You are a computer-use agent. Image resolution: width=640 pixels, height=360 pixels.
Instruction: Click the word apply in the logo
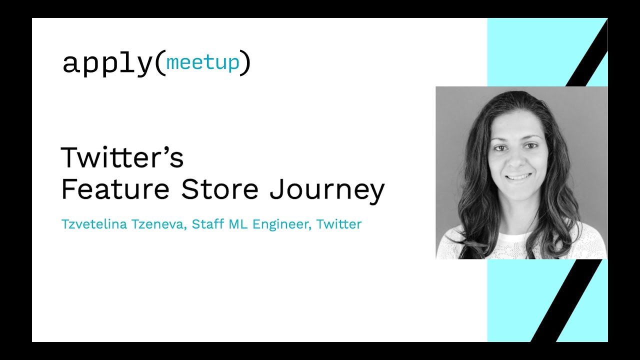(107, 64)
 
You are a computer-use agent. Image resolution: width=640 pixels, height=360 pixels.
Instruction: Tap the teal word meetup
(202, 62)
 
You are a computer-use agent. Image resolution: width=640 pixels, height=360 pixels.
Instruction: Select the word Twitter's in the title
(122, 157)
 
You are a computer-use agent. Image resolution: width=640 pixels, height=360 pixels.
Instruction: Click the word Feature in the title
(115, 189)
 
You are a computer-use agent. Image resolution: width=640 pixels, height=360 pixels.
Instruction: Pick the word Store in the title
(220, 189)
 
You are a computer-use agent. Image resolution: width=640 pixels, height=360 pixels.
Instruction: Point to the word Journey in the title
(327, 190)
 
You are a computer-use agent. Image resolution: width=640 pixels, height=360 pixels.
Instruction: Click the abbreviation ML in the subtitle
(238, 224)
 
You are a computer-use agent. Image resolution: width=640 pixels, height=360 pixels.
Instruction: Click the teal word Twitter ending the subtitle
(339, 224)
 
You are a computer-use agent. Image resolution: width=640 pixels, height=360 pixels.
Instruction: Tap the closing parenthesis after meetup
(245, 63)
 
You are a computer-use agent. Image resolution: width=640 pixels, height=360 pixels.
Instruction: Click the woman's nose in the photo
(516, 161)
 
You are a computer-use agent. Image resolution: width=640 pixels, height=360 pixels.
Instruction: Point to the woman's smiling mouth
(518, 177)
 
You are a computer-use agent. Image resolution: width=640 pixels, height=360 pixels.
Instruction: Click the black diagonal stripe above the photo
(587, 52)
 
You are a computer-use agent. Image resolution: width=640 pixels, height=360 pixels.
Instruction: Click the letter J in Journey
(277, 188)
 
